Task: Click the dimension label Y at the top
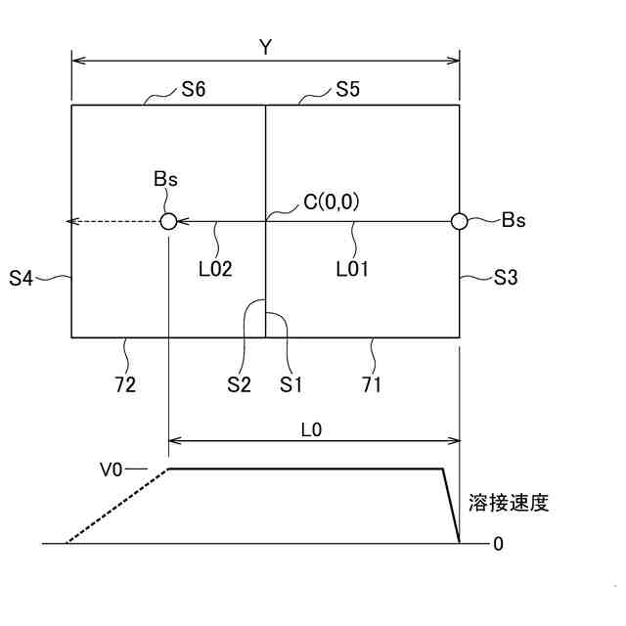click(266, 47)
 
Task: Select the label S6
click(192, 90)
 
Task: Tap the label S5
click(347, 90)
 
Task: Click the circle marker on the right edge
click(459, 222)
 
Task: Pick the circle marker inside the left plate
click(168, 222)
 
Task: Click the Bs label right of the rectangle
click(514, 220)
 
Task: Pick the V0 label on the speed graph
click(116, 469)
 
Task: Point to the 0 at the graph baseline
click(498, 544)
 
